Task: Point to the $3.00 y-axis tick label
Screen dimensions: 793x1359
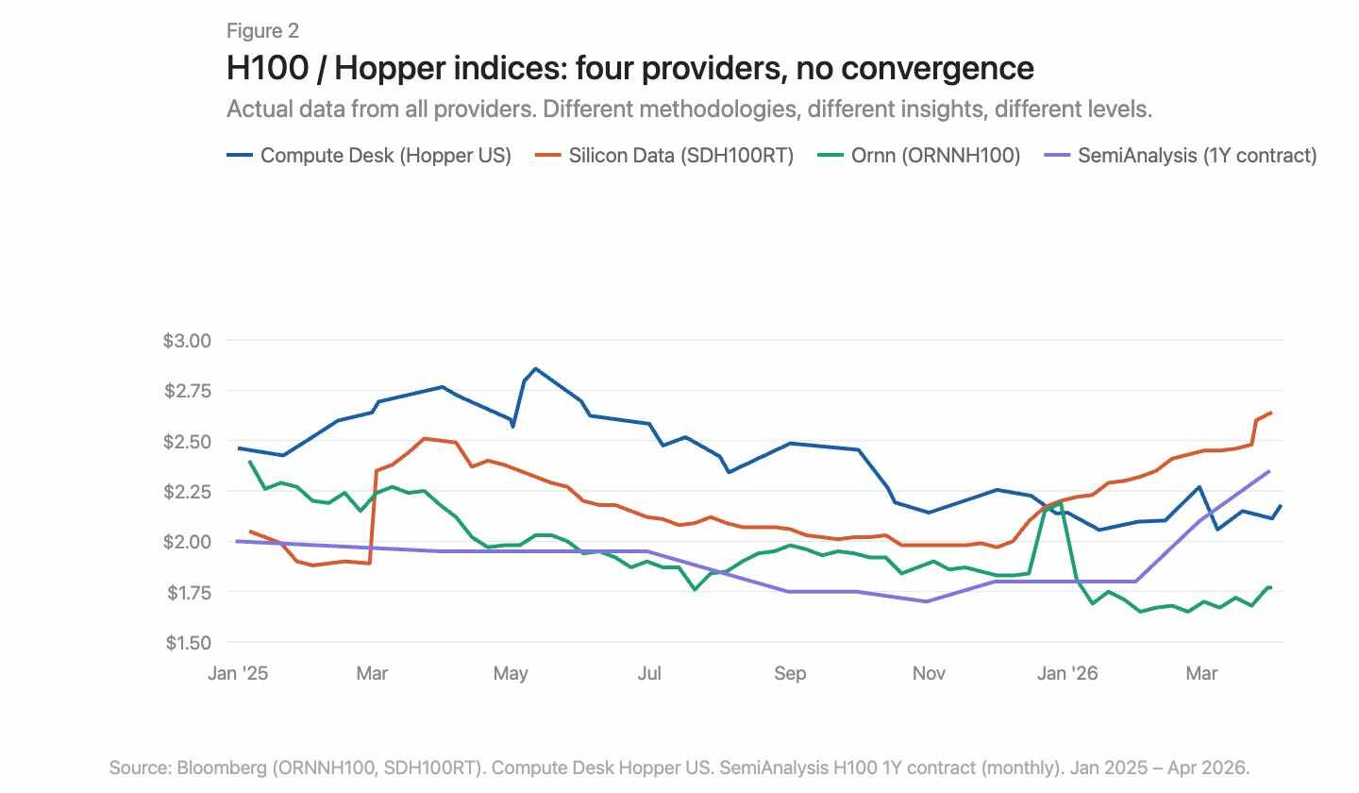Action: tap(189, 340)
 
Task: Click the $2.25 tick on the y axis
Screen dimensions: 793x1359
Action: tap(189, 492)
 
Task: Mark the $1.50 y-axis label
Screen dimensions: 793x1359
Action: tap(189, 643)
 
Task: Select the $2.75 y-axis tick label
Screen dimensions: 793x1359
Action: tap(189, 391)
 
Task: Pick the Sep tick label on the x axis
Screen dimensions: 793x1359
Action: tap(790, 673)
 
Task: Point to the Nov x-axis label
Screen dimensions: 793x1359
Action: tap(929, 673)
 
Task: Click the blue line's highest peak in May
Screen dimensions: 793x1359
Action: tap(535, 368)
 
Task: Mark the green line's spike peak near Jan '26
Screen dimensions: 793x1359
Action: tap(1060, 503)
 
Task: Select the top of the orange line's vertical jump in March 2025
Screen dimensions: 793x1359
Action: tap(377, 470)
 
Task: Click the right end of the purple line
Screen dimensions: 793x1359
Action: tap(1268, 471)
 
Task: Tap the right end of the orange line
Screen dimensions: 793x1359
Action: tap(1271, 413)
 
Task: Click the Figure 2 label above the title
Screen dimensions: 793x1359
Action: tap(262, 31)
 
